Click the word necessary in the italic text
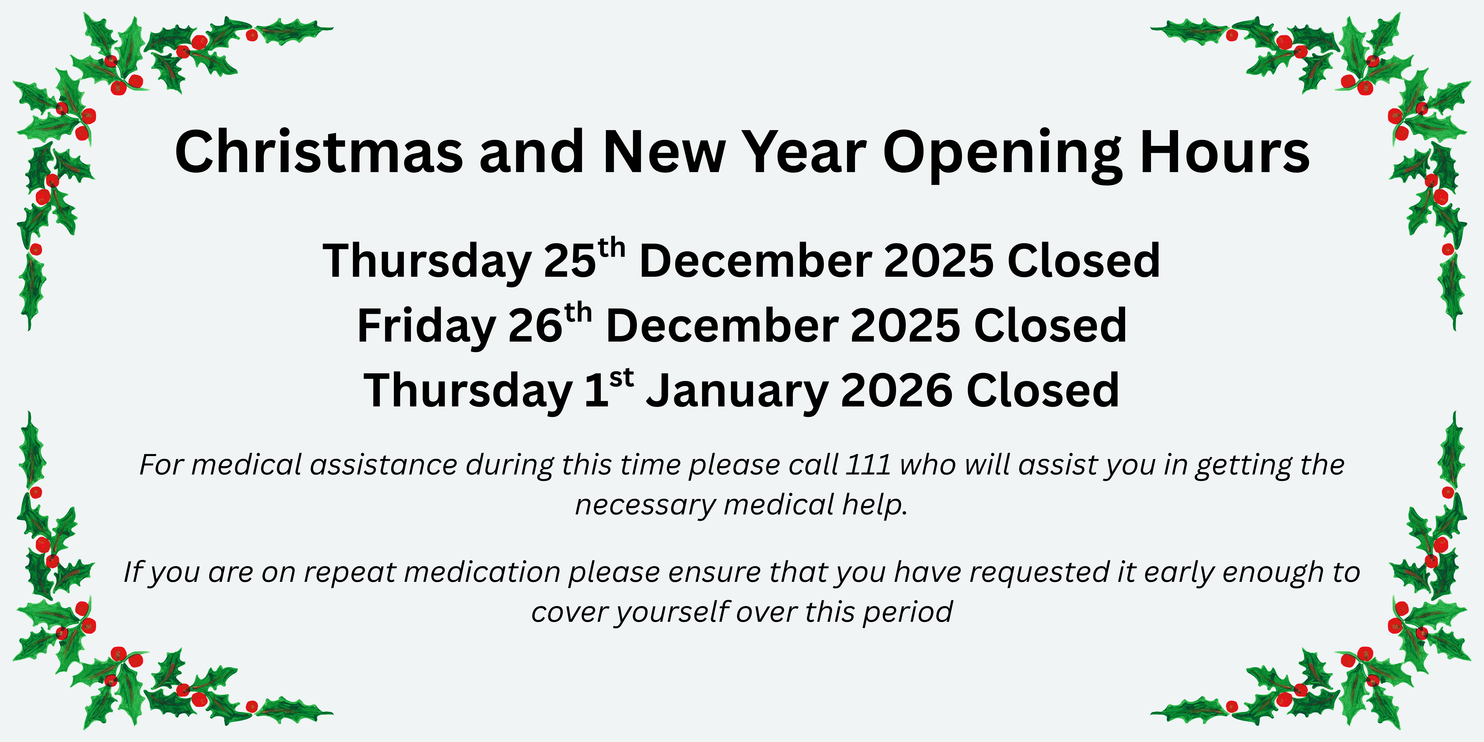645,505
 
